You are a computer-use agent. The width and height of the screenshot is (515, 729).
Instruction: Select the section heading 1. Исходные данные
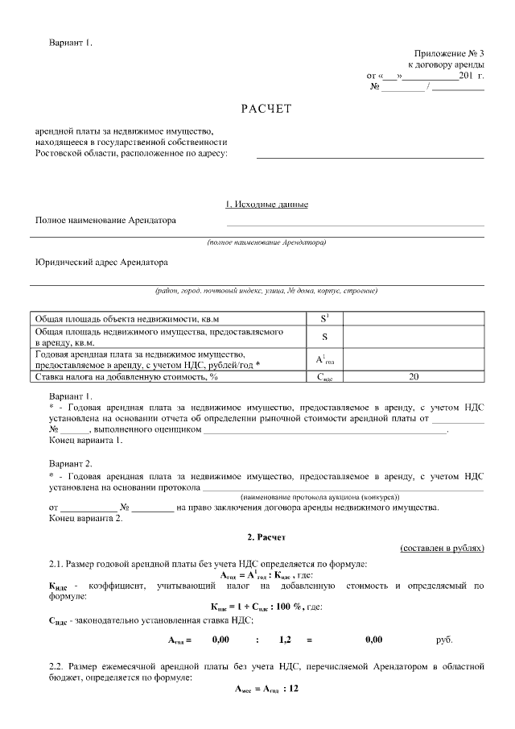pos(266,205)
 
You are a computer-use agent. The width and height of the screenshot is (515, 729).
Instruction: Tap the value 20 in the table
pos(414,376)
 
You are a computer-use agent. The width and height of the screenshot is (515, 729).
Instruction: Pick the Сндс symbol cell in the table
pos(324,376)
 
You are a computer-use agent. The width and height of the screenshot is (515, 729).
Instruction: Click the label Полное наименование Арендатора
pos(105,220)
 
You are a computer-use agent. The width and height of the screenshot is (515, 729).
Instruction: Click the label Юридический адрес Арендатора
pos(101,262)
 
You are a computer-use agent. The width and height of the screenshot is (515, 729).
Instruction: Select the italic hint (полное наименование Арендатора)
pos(266,242)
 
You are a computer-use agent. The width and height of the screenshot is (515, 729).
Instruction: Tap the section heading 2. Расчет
pos(266,536)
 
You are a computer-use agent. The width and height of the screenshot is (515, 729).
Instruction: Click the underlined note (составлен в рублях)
pos(442,548)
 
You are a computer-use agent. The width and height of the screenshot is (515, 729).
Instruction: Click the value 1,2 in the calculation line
pos(284,640)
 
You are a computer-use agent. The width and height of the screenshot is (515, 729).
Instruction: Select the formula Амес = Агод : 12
pos(266,690)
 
